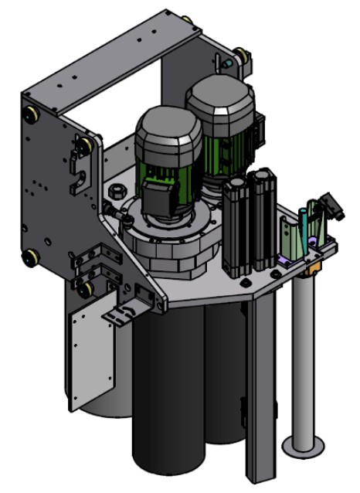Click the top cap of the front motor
tap(168, 130)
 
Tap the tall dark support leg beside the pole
tap(258, 386)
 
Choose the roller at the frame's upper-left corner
tap(32, 114)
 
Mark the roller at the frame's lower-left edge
tap(31, 257)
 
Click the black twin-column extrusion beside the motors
tap(248, 224)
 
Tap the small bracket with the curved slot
tap(123, 314)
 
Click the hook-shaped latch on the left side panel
tap(77, 175)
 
